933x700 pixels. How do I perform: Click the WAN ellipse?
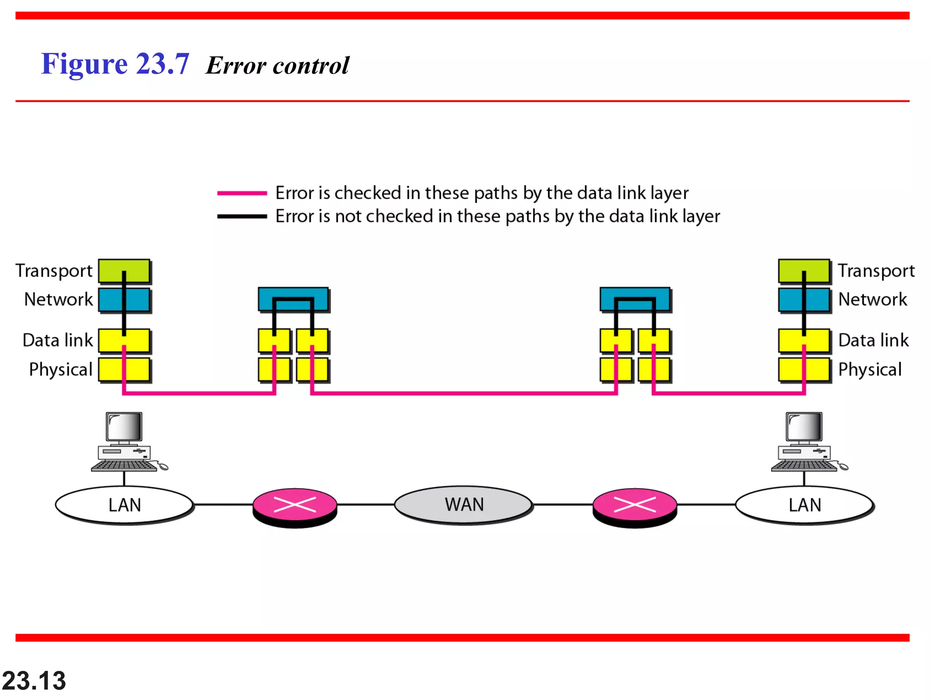coord(463,504)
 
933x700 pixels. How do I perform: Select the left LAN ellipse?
coord(124,505)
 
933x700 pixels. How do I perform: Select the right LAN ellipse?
coord(805,505)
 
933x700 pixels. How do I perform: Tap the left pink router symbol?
coord(295,506)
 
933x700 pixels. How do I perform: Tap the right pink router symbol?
coord(635,506)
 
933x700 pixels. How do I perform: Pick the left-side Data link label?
coord(57,340)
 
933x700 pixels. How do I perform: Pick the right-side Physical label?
coord(870,370)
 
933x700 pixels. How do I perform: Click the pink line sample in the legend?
coord(242,193)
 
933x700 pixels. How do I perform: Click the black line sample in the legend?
coord(242,216)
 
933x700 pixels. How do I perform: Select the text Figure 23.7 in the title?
coord(115,64)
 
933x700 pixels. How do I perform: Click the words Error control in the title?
coord(277,66)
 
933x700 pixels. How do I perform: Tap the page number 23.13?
coord(34,680)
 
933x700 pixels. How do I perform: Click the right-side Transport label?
coord(876,271)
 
